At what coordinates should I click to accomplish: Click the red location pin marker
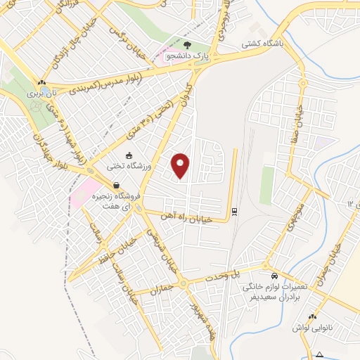(x=181, y=166)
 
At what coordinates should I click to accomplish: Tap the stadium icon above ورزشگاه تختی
(x=128, y=156)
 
